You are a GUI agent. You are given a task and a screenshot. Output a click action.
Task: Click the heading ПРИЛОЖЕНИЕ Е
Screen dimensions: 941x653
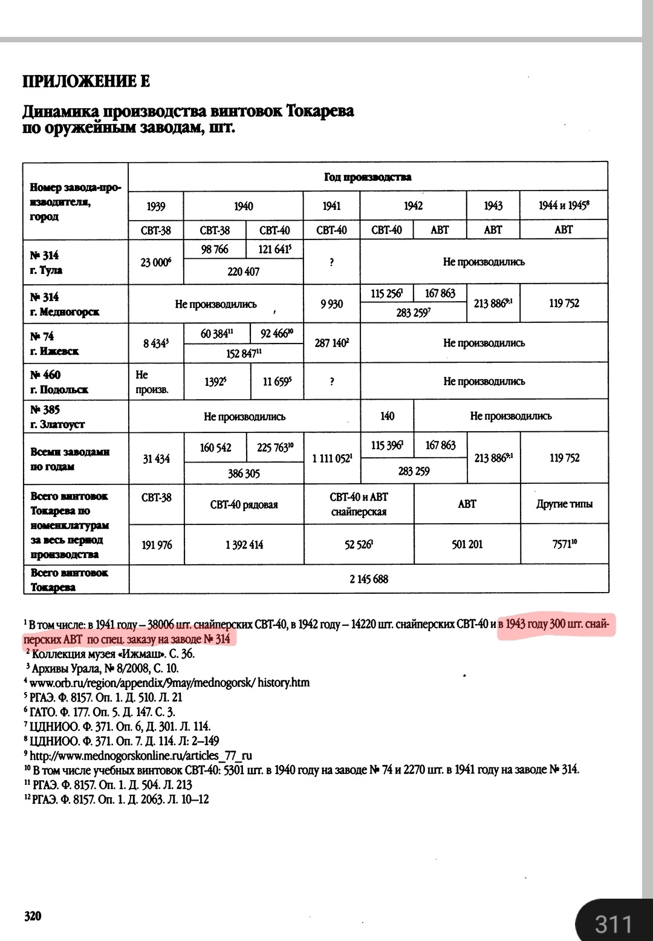pyautogui.click(x=86, y=82)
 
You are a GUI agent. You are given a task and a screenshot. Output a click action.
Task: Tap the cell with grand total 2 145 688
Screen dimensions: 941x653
pyautogui.click(x=368, y=579)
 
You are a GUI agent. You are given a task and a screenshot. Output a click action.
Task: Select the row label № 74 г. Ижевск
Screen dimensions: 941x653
pyautogui.click(x=55, y=344)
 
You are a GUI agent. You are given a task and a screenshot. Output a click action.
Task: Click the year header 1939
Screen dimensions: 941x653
pyautogui.click(x=156, y=207)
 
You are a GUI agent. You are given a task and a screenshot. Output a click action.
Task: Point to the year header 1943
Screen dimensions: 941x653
pyautogui.click(x=493, y=206)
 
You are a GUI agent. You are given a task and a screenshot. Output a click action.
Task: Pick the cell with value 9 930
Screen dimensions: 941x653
pyautogui.click(x=331, y=304)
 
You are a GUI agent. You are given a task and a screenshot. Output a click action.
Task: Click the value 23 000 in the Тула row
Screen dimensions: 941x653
pyautogui.click(x=156, y=262)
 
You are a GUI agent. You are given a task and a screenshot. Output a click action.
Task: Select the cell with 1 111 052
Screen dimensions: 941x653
pyautogui.click(x=332, y=459)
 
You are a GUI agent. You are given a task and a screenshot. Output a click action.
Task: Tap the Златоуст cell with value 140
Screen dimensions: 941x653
pyautogui.click(x=387, y=416)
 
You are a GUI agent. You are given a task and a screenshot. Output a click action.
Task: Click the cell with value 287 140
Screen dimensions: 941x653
pyautogui.click(x=331, y=343)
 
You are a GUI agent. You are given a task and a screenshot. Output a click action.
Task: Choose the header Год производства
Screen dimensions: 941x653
pyautogui.click(x=368, y=177)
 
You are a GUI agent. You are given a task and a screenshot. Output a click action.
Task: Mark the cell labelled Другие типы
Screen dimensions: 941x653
pyautogui.click(x=564, y=504)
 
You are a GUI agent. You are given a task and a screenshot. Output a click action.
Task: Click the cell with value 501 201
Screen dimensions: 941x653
pyautogui.click(x=467, y=545)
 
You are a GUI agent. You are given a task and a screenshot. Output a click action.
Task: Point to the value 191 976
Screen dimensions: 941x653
pyautogui.click(x=157, y=545)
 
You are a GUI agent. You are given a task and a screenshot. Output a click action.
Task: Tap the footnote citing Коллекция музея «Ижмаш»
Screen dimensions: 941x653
pyautogui.click(x=112, y=654)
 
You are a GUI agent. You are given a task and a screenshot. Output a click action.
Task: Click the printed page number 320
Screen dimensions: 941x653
pyautogui.click(x=33, y=916)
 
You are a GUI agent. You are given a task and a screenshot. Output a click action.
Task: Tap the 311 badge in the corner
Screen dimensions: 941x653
pyautogui.click(x=613, y=924)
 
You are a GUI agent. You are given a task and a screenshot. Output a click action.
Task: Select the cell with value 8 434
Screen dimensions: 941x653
pyautogui.click(x=155, y=343)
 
